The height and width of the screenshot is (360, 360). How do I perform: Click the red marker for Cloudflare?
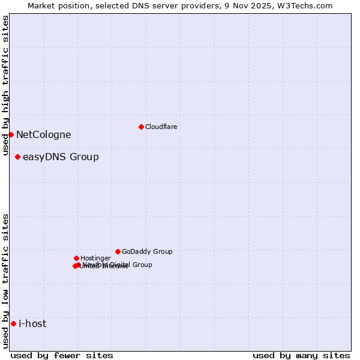tap(141, 127)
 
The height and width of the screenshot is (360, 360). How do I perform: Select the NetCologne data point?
tap(11, 134)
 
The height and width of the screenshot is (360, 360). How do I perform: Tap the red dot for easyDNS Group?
tap(17, 157)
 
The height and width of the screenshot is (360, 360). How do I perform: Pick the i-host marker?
tap(13, 324)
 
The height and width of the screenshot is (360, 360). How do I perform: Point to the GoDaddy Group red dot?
tap(118, 251)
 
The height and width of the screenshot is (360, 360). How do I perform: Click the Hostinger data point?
tap(76, 258)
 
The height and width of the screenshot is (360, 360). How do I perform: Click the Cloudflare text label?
tap(161, 127)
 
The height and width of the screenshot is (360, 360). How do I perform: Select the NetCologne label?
tap(43, 135)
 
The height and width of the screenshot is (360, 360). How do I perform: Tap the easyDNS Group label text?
tap(61, 157)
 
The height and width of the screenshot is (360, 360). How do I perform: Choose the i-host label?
tap(32, 324)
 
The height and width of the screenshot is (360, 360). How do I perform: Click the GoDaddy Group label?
tap(147, 252)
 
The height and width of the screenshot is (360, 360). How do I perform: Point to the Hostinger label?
tap(95, 259)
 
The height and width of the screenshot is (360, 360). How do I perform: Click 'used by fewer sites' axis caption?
tap(62, 355)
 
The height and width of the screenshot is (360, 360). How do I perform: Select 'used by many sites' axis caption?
tap(301, 355)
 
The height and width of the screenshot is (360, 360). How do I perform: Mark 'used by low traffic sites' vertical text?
tap(5, 281)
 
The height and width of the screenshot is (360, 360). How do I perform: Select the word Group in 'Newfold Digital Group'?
tap(142, 265)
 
